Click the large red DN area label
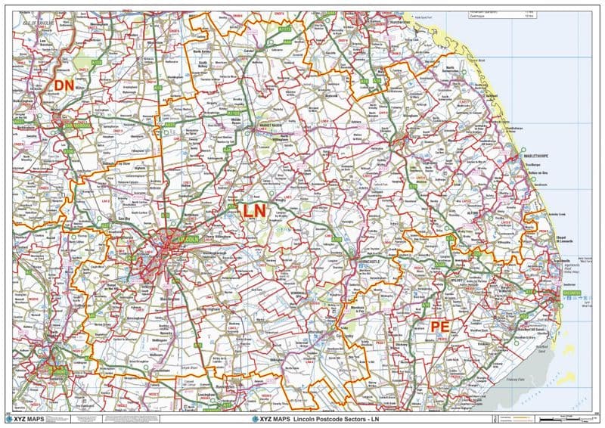pyautogui.click(x=63, y=85)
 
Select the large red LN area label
pyautogui.click(x=253, y=212)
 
